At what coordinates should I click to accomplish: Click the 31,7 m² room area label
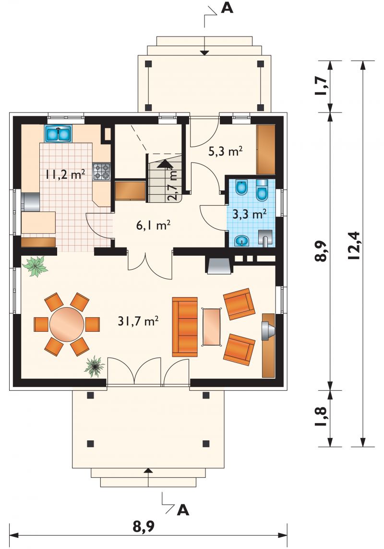pos(138,321)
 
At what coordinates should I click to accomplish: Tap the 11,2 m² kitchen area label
pos(65,174)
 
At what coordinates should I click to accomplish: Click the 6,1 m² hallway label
pos(153,226)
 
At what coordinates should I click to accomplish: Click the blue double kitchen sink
pos(58,134)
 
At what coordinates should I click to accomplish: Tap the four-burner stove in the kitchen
pos(101,172)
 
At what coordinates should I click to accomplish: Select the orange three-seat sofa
pos(185,327)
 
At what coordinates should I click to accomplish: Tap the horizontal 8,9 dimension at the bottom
pos(144,526)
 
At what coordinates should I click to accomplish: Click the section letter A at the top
pos(227,8)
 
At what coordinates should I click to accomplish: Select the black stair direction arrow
pos(165,164)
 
